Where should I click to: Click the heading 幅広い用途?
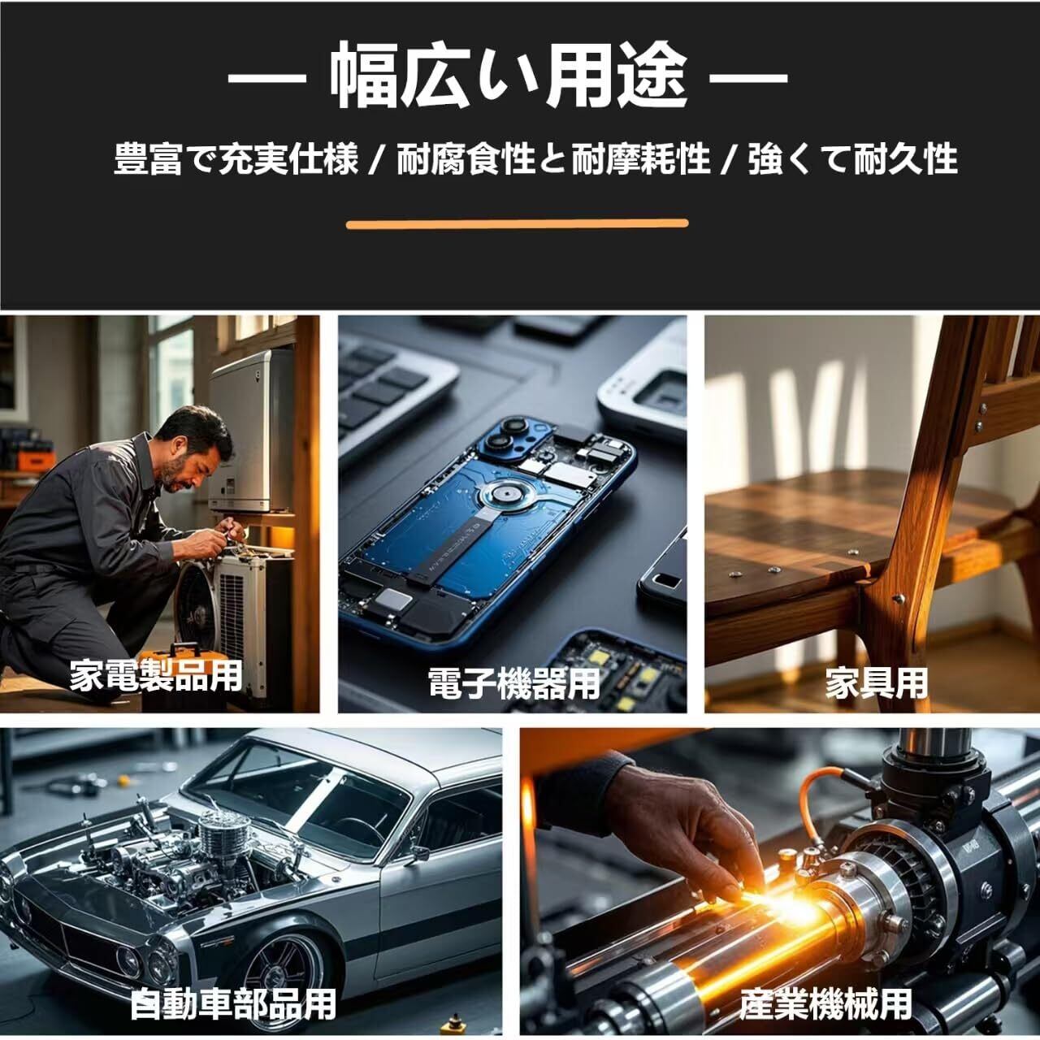509,78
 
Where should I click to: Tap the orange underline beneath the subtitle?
517,223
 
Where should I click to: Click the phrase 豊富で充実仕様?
236,159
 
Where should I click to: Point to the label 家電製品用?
157,675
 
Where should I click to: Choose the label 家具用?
877,683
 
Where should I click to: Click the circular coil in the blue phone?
505,494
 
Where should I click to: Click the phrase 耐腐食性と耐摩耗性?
553,159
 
